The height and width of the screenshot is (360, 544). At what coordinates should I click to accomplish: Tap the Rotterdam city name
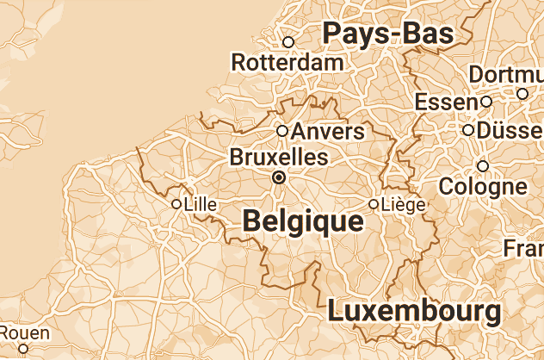click(287, 62)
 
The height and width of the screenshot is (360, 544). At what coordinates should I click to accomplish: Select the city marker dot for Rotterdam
click(288, 41)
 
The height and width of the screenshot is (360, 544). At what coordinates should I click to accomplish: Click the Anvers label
click(329, 132)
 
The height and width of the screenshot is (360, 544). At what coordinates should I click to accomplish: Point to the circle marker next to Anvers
click(282, 131)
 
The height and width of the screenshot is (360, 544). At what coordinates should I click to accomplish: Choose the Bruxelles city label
click(279, 158)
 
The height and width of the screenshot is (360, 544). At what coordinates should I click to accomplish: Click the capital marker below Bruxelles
click(278, 177)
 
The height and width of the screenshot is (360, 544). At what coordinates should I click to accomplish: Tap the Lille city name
click(201, 204)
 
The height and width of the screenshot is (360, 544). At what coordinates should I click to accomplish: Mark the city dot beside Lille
click(176, 204)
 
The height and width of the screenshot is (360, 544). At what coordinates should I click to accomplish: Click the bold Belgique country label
click(303, 220)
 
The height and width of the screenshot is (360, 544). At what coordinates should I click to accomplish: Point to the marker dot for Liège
click(373, 204)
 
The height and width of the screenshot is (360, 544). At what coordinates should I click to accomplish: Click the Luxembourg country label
click(414, 309)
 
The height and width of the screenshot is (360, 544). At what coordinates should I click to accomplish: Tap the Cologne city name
click(483, 185)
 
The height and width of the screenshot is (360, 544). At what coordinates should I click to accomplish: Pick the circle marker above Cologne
click(483, 165)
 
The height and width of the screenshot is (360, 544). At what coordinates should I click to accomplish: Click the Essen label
click(446, 102)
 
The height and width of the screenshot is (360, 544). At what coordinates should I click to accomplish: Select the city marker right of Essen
click(486, 102)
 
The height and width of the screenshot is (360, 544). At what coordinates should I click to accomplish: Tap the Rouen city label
click(25, 332)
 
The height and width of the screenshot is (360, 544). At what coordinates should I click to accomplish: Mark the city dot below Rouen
click(24, 349)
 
